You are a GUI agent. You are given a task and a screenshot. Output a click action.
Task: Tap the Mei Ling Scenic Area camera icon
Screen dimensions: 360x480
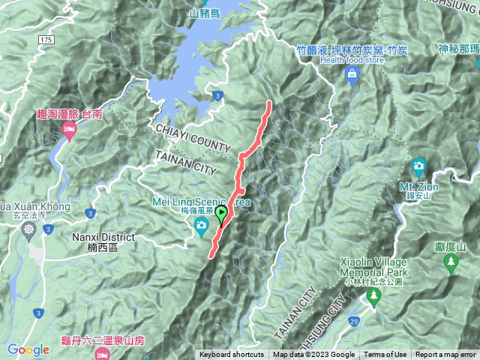pos(201,232)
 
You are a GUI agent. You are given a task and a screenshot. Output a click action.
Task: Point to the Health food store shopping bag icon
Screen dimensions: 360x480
pos(352,74)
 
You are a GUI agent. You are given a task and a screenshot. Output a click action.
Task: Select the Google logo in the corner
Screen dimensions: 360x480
pos(28,349)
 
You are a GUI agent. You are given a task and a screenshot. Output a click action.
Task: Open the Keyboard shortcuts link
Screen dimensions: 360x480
pos(231,355)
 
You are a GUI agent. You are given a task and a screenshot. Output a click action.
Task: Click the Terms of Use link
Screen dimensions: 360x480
pos(385,355)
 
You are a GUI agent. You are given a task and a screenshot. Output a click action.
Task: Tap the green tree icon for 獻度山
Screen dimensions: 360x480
pos(451,262)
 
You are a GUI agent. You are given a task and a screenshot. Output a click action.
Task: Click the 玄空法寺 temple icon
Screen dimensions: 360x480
pos(28,229)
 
